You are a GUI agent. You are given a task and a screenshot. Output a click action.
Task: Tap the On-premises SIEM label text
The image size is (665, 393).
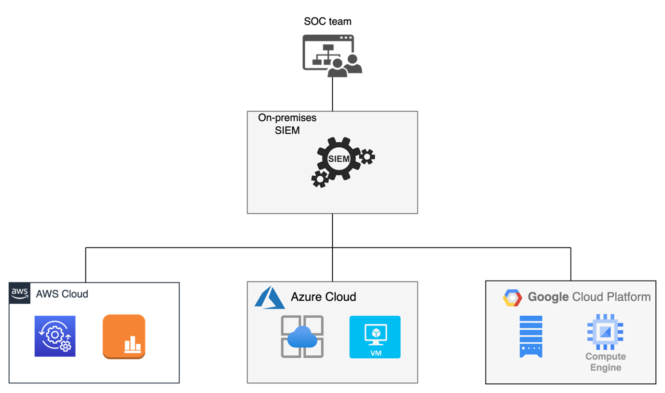287,124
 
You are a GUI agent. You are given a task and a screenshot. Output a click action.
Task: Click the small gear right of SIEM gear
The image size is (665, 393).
367,156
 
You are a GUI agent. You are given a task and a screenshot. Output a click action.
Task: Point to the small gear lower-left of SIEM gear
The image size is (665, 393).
320,179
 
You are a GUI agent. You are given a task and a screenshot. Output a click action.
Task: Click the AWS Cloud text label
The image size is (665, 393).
62,294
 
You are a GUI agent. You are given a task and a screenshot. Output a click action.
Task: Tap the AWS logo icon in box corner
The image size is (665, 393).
20,293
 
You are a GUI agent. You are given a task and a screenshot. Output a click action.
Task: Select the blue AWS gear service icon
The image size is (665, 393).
55,336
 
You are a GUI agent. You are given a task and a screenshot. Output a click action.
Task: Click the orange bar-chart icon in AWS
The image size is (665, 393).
124,337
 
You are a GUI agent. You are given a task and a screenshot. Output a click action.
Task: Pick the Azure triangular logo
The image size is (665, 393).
270,297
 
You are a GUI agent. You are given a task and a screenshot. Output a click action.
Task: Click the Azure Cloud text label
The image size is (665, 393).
323,296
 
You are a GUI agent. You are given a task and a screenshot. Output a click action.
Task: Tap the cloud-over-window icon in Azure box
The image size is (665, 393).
302,337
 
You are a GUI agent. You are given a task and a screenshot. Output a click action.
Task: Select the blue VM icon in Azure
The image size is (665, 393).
375,337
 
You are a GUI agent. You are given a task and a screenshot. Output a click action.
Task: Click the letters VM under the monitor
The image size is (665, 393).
376,353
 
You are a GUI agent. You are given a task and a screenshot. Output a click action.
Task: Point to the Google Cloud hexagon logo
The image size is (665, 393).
512,298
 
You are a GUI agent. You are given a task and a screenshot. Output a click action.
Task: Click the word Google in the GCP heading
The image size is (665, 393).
548,297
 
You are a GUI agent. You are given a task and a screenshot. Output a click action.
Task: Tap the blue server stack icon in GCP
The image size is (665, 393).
531,337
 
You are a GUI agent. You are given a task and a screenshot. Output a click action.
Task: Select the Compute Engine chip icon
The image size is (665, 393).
605,332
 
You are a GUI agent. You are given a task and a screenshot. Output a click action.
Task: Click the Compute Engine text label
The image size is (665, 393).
606,362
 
